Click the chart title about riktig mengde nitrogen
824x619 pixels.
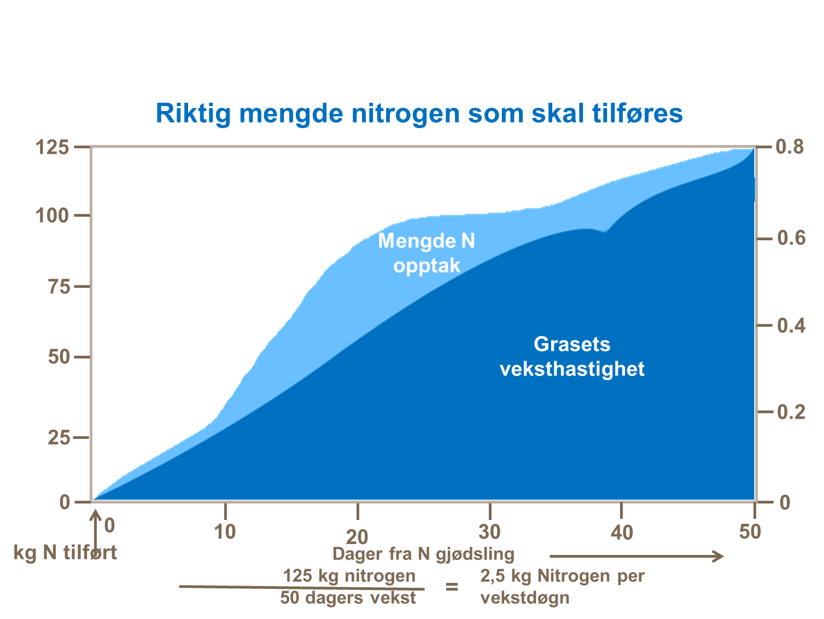point(419,113)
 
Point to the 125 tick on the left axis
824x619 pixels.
point(52,148)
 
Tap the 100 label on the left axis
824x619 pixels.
point(52,216)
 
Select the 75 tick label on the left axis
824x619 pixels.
point(59,286)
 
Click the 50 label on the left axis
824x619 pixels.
point(59,357)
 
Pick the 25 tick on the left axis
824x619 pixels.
point(59,438)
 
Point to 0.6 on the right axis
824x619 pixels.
point(791,239)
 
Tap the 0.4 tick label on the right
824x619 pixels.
point(791,326)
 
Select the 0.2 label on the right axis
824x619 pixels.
point(791,412)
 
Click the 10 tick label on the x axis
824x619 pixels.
point(225,531)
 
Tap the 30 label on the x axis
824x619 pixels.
point(489,531)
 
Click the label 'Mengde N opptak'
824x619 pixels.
point(426,253)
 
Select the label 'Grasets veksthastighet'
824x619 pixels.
point(572,356)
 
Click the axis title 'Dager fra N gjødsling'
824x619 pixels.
point(423,554)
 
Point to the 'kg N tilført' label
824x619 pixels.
point(65,552)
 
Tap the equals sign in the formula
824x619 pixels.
point(452,587)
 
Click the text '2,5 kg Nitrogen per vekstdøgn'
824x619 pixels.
point(562,587)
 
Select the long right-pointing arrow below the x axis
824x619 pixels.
point(636,557)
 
